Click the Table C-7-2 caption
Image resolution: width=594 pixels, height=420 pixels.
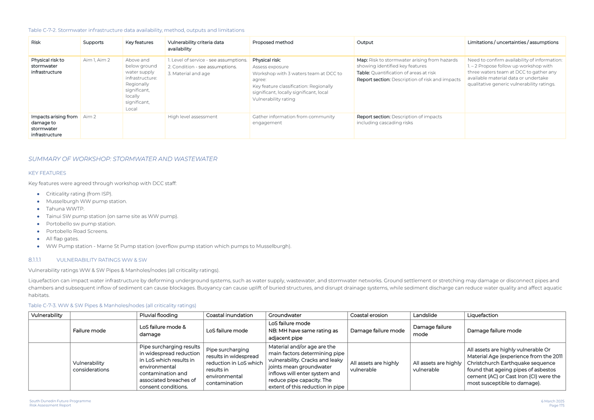(x=136, y=31)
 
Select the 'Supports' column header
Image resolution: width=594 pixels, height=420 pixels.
(x=93, y=43)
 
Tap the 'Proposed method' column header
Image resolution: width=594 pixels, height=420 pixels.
(x=273, y=43)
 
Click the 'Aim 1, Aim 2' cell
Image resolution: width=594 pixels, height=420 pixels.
(x=96, y=60)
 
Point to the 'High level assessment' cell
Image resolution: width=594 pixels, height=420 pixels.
(x=192, y=117)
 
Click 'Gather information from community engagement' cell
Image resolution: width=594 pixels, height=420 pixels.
(x=293, y=120)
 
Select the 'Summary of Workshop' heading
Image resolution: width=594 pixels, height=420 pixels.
(x=123, y=159)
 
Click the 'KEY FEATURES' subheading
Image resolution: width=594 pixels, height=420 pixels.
(x=47, y=173)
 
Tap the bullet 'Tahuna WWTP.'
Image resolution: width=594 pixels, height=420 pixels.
(x=65, y=209)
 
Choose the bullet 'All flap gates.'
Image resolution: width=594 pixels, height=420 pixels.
(x=62, y=239)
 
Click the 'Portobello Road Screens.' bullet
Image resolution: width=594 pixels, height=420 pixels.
(x=77, y=232)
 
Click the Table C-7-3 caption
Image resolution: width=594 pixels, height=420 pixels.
(x=112, y=306)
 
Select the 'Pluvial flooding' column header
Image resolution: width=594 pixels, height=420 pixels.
(x=158, y=316)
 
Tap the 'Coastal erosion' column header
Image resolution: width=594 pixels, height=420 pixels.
(x=369, y=316)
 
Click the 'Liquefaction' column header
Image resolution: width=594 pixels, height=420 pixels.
(x=482, y=316)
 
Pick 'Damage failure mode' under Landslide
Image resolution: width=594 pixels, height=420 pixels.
(x=432, y=331)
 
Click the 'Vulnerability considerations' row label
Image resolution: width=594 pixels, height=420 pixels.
(x=91, y=367)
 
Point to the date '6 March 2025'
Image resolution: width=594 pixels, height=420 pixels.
(x=552, y=401)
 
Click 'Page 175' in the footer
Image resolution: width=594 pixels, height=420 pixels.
(x=556, y=406)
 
